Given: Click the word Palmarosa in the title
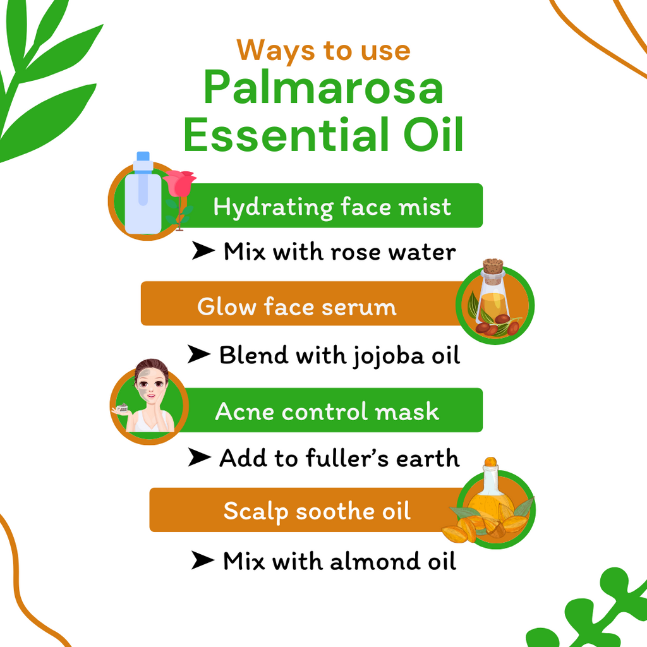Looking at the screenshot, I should click(323, 88).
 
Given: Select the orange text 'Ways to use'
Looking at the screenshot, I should click(323, 50).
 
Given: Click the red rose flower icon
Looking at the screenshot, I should click(179, 183).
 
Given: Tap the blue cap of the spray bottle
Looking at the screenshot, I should click(143, 157).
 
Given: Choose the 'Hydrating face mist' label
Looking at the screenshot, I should click(332, 207).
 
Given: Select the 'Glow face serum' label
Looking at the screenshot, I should click(297, 306).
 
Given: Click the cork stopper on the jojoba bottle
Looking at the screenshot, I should click(493, 266).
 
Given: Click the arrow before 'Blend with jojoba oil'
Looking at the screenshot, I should click(199, 355).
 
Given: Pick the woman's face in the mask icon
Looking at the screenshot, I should click(152, 385).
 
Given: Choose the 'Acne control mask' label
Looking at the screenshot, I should click(327, 411).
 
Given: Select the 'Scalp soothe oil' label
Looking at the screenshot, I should click(317, 511).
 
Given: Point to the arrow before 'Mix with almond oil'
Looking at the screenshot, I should click(203, 560).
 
